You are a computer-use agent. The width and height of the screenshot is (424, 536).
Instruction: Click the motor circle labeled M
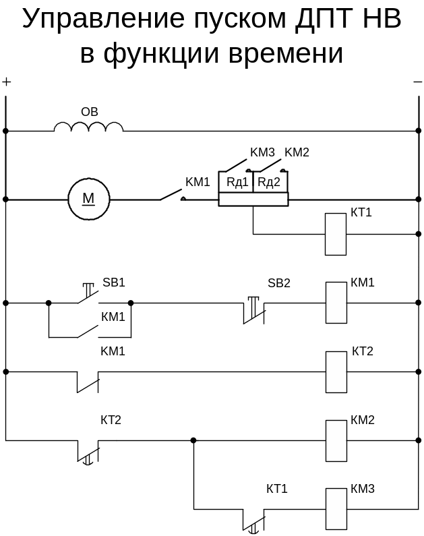[88, 199]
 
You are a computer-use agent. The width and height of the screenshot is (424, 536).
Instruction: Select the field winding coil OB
[88, 126]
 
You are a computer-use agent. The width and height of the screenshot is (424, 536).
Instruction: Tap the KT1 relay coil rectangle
[336, 234]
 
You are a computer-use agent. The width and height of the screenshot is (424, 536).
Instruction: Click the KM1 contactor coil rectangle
[336, 303]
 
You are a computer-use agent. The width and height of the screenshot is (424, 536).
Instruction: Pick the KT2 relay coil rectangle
[336, 371]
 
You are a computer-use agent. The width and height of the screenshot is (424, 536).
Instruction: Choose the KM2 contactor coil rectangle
[336, 440]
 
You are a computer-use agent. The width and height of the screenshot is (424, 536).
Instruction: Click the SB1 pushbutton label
[114, 282]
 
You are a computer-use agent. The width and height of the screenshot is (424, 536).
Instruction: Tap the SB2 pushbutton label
[279, 282]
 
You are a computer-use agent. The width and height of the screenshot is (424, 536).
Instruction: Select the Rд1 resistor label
[237, 181]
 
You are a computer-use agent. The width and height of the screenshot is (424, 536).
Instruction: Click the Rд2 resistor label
[270, 181]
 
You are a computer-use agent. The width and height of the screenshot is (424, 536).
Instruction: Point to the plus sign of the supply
[7, 82]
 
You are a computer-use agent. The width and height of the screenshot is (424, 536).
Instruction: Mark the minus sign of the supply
[417, 82]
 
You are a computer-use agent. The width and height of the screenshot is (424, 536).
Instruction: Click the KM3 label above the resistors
[262, 152]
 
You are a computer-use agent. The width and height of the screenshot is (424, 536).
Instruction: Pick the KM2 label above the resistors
[297, 152]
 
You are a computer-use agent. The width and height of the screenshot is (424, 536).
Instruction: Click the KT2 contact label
[111, 420]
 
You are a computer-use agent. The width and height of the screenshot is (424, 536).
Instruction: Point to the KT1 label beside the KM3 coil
[277, 488]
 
